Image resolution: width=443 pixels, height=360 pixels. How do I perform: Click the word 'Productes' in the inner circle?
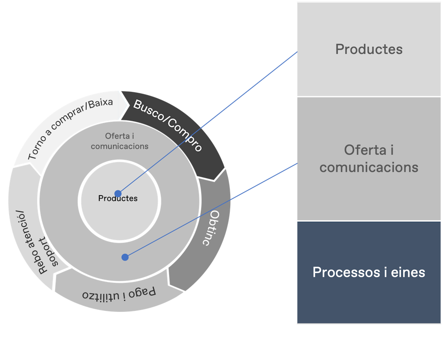pyautogui.click(x=118, y=198)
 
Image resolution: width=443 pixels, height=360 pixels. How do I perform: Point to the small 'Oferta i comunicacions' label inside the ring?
pyautogui.click(x=119, y=141)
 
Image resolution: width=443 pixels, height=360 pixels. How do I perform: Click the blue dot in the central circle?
pyautogui.click(x=118, y=193)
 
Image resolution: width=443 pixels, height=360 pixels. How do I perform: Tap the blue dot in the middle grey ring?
pyautogui.click(x=125, y=257)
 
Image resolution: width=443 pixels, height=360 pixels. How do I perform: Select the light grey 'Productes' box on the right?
pyautogui.click(x=369, y=49)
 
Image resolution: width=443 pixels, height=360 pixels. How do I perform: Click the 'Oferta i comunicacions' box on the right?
pyautogui.click(x=369, y=158)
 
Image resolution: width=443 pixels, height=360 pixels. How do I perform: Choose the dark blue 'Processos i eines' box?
pyautogui.click(x=369, y=272)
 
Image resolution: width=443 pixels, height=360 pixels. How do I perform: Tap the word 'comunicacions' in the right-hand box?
pyautogui.click(x=369, y=167)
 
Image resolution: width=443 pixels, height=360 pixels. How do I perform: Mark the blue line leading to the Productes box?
pyautogui.click(x=207, y=123)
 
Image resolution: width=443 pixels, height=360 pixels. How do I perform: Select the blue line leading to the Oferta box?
pyautogui.click(x=211, y=210)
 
